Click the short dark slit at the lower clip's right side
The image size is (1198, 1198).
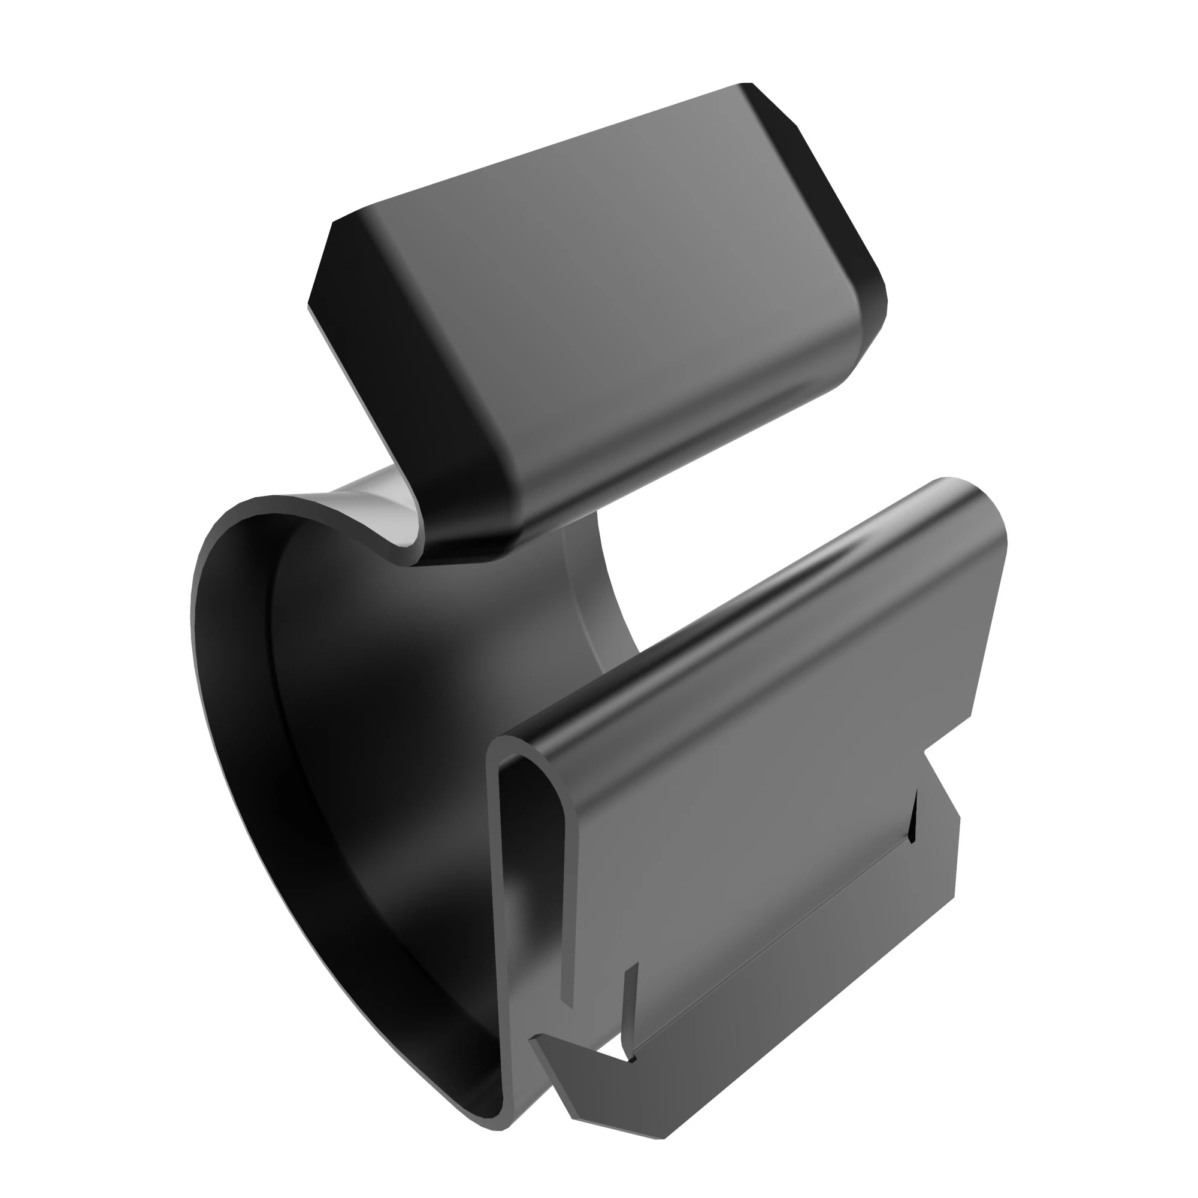pos(913,818)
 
